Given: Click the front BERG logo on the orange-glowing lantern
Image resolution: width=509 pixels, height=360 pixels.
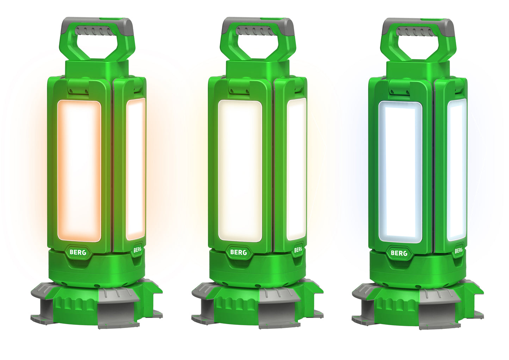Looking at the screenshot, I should point(78,252).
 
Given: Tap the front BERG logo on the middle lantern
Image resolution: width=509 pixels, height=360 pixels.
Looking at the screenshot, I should point(238,252).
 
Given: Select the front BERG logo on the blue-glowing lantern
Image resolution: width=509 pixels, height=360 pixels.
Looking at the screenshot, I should point(399,253).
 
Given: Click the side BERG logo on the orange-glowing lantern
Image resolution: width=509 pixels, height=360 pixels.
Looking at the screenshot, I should point(137,249).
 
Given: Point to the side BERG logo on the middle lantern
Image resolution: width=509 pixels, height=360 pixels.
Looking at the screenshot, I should point(298,249).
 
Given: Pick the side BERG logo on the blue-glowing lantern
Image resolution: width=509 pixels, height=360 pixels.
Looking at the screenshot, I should point(459,250).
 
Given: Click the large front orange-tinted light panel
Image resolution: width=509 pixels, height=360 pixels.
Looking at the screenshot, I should point(79,171).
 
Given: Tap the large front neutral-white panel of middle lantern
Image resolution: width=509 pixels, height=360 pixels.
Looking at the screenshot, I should point(240,171).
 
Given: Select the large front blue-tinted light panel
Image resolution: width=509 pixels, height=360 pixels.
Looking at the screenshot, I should point(400,172).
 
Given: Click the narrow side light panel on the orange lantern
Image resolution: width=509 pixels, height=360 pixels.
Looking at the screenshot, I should point(136,169).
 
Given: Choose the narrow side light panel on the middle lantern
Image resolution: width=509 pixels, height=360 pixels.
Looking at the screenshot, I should point(297,169).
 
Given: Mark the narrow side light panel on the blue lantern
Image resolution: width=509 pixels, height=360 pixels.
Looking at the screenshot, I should point(457,170).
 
